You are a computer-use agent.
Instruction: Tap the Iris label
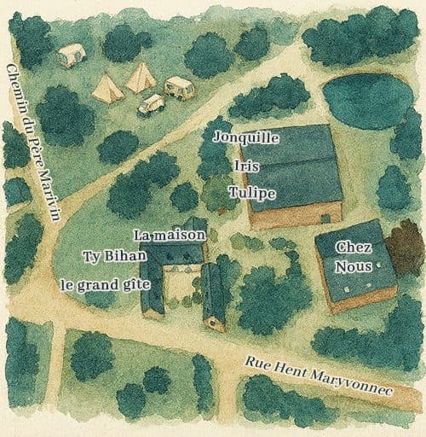click(245, 166)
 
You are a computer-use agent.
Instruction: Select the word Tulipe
click(252, 194)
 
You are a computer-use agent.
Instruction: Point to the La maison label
click(170, 234)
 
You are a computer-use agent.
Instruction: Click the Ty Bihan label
click(115, 255)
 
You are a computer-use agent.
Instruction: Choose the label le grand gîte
click(106, 284)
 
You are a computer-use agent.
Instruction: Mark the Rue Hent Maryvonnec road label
click(318, 376)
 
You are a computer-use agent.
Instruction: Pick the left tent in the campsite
click(107, 87)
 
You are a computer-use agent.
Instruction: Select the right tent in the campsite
click(141, 77)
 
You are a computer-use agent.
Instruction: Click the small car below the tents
click(151, 104)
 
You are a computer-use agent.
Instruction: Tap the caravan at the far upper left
click(72, 55)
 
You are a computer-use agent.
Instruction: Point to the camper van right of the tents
click(179, 86)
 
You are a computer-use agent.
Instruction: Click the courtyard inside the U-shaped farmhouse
click(181, 286)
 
